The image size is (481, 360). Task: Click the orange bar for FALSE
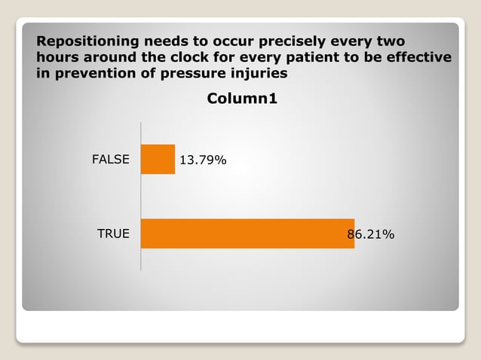coord(158,160)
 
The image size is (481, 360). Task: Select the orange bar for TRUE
coord(247,233)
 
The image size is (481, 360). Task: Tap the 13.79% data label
coord(202,160)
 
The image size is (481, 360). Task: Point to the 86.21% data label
coord(370,234)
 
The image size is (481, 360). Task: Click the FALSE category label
coord(111,160)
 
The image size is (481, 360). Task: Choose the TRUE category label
coord(113,234)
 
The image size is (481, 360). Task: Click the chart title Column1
coord(243,98)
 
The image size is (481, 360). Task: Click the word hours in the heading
coord(57,57)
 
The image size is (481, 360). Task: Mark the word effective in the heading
coord(414,57)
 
